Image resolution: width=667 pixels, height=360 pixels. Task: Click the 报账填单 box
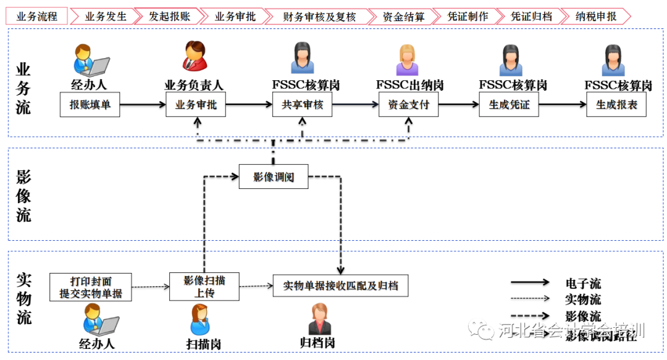pyautogui.click(x=90, y=105)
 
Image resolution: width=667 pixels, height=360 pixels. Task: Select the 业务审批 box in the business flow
pyautogui.click(x=196, y=105)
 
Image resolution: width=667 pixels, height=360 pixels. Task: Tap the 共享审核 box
pyautogui.click(x=302, y=105)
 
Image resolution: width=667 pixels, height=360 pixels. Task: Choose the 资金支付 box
pyautogui.click(x=408, y=105)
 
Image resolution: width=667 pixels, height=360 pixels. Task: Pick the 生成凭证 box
pyautogui.click(x=509, y=105)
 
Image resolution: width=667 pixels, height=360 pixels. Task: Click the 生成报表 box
pyautogui.click(x=616, y=105)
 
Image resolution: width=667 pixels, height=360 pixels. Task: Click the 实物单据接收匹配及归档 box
pyautogui.click(x=340, y=286)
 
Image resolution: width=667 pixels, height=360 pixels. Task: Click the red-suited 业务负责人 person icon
pyautogui.click(x=194, y=56)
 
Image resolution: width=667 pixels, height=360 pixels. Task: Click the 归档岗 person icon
pyautogui.click(x=320, y=319)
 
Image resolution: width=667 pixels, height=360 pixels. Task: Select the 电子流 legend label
pyautogui.click(x=583, y=283)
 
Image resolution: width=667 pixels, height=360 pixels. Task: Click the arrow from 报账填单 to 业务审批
pyautogui.click(x=143, y=105)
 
